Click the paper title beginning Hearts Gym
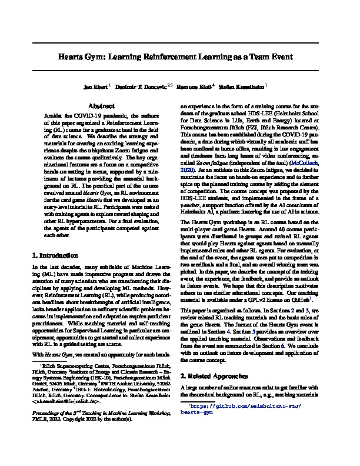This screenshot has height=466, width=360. [x=179, y=58]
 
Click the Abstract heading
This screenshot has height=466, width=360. [x=96, y=106]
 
